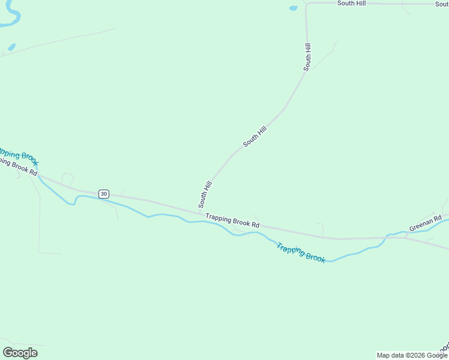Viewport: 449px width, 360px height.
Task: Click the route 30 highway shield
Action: coord(104,194)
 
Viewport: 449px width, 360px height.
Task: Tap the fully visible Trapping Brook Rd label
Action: coord(232,220)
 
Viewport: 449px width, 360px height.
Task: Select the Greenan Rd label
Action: coord(426,223)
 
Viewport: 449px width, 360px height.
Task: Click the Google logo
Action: coord(20,353)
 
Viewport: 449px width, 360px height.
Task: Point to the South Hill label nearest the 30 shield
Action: coord(205,194)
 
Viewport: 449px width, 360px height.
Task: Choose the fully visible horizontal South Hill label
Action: coord(351,3)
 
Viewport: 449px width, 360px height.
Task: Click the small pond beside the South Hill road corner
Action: coord(293,8)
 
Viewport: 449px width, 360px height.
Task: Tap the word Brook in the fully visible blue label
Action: coord(315,257)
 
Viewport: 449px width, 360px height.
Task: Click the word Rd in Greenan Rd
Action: coord(438,217)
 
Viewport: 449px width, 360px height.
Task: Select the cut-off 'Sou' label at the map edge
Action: coord(442,4)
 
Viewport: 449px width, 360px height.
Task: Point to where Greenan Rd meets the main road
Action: coord(406,236)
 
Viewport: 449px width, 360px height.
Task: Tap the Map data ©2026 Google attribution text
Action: coord(412,355)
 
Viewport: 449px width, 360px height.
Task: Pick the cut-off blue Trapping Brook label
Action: coord(18,156)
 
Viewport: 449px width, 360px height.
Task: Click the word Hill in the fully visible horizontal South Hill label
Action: coord(360,3)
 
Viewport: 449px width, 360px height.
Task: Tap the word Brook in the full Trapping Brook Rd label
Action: coord(243,222)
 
